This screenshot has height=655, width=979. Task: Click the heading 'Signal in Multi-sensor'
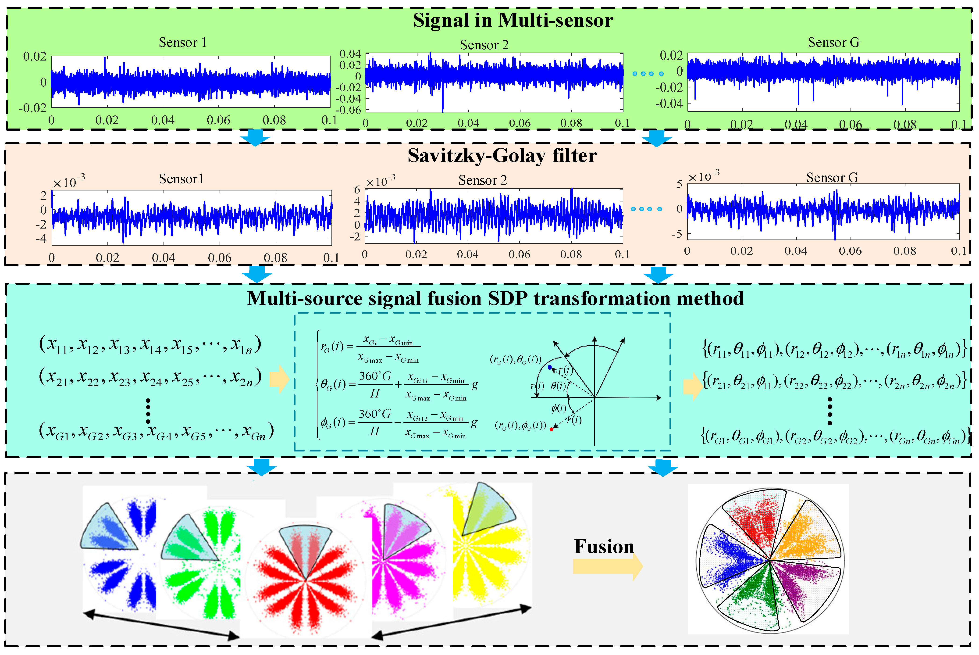[x=513, y=20]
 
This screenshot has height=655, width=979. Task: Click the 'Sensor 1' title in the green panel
[x=182, y=42]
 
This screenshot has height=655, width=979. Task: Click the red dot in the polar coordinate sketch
[x=552, y=429]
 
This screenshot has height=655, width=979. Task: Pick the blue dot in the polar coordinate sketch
[x=549, y=367]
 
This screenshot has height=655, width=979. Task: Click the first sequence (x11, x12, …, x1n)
[x=150, y=345]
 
